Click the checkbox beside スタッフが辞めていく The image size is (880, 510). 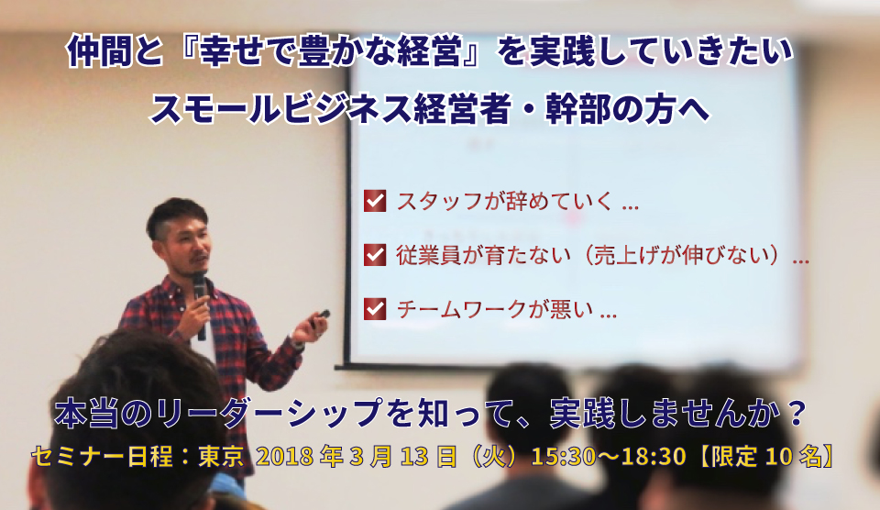(375, 201)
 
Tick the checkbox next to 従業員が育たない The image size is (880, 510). (375, 254)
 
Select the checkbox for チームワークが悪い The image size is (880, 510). (375, 309)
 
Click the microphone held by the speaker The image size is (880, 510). (200, 304)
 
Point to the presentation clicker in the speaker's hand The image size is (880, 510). (321, 318)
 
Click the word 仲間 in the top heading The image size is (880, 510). (91, 51)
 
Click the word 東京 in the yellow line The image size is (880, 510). (221, 457)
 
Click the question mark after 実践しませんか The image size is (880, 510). (796, 413)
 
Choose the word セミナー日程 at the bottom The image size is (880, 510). (102, 457)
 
